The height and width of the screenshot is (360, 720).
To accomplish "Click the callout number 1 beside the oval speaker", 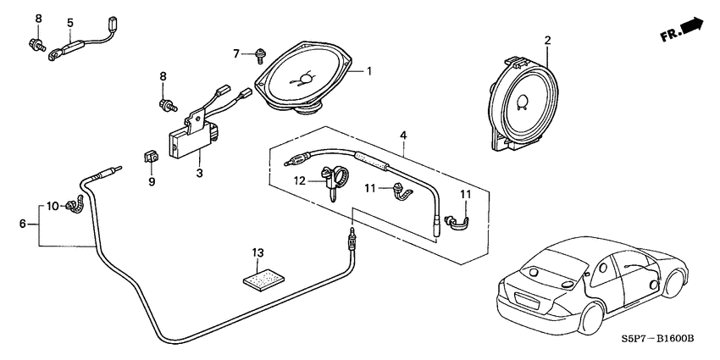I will tap(368, 71).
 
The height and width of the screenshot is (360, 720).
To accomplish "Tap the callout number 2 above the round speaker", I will tap(547, 40).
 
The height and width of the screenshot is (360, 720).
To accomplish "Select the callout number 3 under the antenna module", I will tap(200, 174).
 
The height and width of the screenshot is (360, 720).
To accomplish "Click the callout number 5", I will tap(69, 22).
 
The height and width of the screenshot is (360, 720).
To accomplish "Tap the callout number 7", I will tap(237, 54).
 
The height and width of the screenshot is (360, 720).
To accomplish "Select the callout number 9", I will tap(152, 180).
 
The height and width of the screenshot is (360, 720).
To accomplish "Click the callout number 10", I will tap(52, 206).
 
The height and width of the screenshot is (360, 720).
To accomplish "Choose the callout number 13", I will tap(258, 252).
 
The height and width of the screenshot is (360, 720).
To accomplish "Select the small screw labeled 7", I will tap(258, 57).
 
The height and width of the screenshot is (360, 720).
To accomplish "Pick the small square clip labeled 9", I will tap(150, 158).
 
